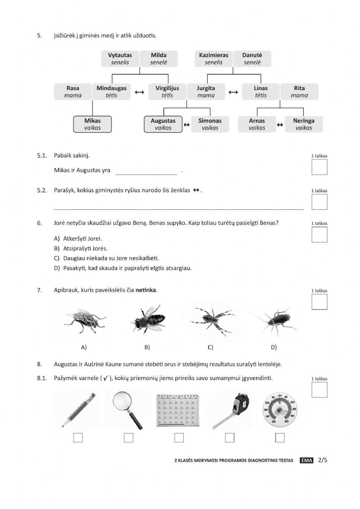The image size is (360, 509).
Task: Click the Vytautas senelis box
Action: pyautogui.click(x=120, y=59)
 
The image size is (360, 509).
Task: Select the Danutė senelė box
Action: pyautogui.click(x=252, y=59)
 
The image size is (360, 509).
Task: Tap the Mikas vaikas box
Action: pyautogui.click(x=93, y=124)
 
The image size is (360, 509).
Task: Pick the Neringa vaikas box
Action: pyautogui.click(x=303, y=124)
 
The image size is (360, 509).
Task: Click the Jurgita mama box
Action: pyautogui.click(x=206, y=92)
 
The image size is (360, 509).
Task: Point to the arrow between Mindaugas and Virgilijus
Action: pyautogui.click(x=139, y=92)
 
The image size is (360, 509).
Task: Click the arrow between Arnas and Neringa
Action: pyautogui.click(x=280, y=125)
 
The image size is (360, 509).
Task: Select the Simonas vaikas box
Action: pyautogui.click(x=210, y=124)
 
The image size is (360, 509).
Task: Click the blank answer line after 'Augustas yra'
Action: pyautogui.click(x=146, y=171)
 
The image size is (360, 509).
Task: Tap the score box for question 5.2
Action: pyautogui.click(x=319, y=202)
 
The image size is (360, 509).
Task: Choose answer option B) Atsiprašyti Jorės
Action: pyautogui.click(x=85, y=249)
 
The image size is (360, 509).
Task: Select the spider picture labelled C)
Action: pyautogui.click(x=211, y=320)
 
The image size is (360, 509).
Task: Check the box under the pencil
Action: pyautogui.click(x=78, y=438)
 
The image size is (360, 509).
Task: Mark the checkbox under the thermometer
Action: pyautogui.click(x=280, y=438)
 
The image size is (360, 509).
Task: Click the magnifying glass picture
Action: pyautogui.click(x=127, y=410)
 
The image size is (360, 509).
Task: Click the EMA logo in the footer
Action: pyautogui.click(x=306, y=460)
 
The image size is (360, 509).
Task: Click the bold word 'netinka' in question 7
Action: pyautogui.click(x=146, y=290)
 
